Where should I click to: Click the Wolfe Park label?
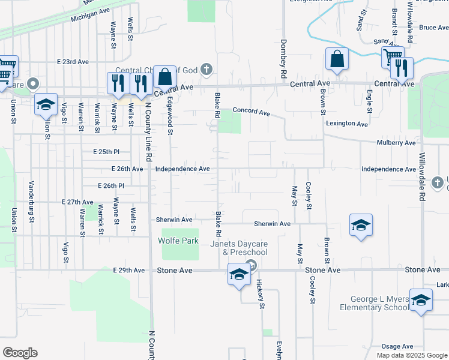pos(178,241)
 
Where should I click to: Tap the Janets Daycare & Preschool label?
pos(238,248)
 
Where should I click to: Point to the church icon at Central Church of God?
pos(206,70)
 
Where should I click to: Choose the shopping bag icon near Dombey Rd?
pos(337,59)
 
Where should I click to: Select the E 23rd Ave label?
pos(73,62)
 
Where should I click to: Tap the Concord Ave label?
pos(252,111)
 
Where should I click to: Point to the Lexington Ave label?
pos(346,124)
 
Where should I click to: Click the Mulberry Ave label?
pos(396,143)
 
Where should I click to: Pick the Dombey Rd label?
pos(282,59)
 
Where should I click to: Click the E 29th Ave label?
pos(129,271)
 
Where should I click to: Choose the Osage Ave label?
pos(397,346)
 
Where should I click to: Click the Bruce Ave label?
pos(434,28)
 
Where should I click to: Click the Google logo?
pos(20,353)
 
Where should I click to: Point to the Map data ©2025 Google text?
pos(411,355)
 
